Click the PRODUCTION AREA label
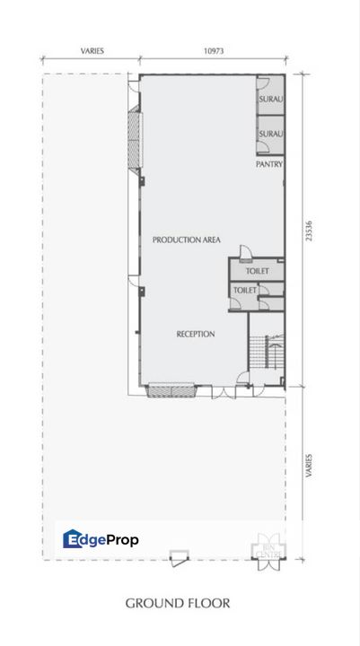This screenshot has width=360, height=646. point(187,240)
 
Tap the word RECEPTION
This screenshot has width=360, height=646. point(195,334)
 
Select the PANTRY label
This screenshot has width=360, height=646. point(269,164)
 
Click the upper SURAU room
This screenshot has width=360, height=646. point(271,98)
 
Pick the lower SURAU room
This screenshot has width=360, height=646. point(271,134)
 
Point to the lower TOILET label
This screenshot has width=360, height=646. point(245,291)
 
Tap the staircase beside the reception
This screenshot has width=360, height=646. point(265,352)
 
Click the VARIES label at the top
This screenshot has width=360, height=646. point(91,51)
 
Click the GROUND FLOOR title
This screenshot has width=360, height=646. point(178,603)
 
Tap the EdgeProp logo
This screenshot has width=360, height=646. point(101,539)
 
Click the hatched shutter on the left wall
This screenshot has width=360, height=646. point(136,138)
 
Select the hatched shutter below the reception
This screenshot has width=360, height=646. point(167,390)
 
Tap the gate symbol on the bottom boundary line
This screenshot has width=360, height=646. point(180,558)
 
